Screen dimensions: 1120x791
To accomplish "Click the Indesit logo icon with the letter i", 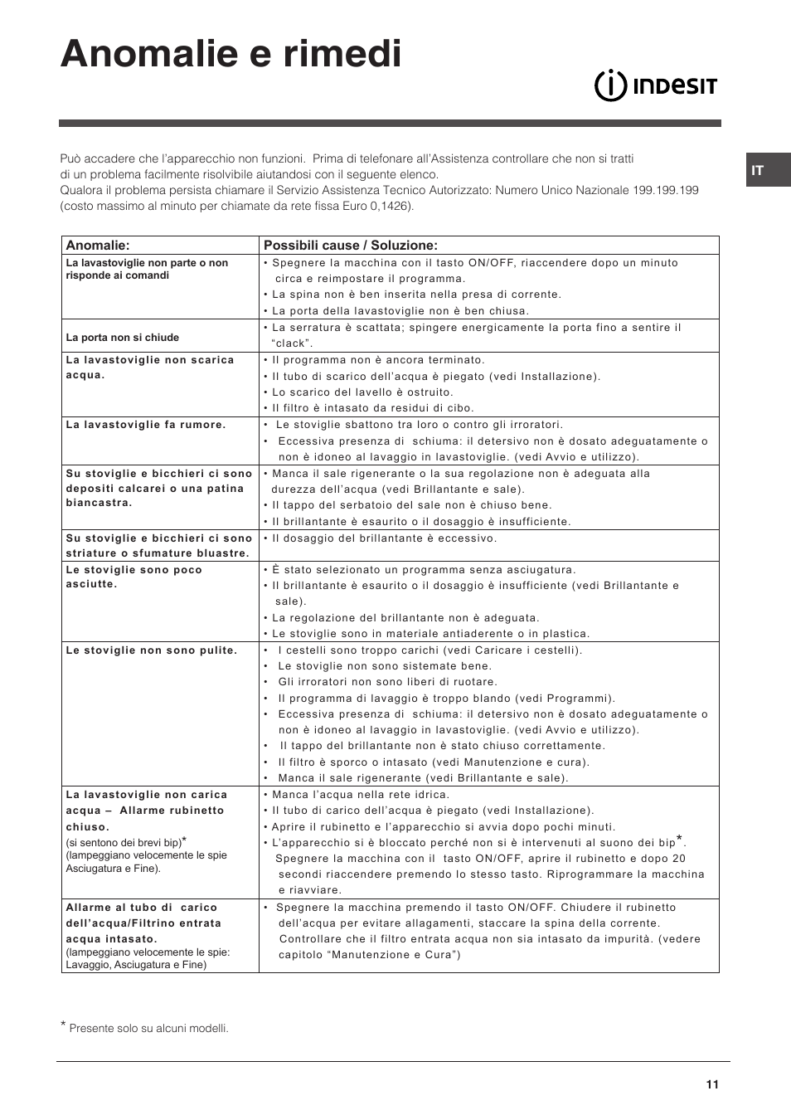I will pos(610,85).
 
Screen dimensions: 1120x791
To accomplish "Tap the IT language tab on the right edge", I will pos(757,170).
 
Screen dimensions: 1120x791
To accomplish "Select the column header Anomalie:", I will pos(98,246).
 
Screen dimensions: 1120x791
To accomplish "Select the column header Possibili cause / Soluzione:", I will pos(350,246).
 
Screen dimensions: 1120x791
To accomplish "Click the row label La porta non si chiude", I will pos(123,338).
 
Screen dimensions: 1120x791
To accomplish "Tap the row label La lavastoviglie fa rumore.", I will pos(146,425).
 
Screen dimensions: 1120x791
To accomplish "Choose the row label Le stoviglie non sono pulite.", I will pos(152,650).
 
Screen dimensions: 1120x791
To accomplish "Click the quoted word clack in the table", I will pos(292,343).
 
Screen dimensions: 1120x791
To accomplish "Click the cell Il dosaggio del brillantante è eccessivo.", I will pos(385,538).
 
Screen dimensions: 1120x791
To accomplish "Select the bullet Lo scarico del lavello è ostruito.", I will pos(362,392).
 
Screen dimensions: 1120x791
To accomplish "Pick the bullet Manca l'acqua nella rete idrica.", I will pos(361,795).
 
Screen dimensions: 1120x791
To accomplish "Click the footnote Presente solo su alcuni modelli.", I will pos(148,1029).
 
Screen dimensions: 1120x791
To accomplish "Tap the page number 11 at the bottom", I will pos(712,1084).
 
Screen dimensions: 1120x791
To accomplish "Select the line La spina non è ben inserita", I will pos(416,295).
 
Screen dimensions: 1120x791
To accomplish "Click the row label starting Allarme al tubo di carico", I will pos(142,908).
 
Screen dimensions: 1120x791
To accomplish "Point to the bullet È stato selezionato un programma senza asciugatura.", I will pos(424,570).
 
